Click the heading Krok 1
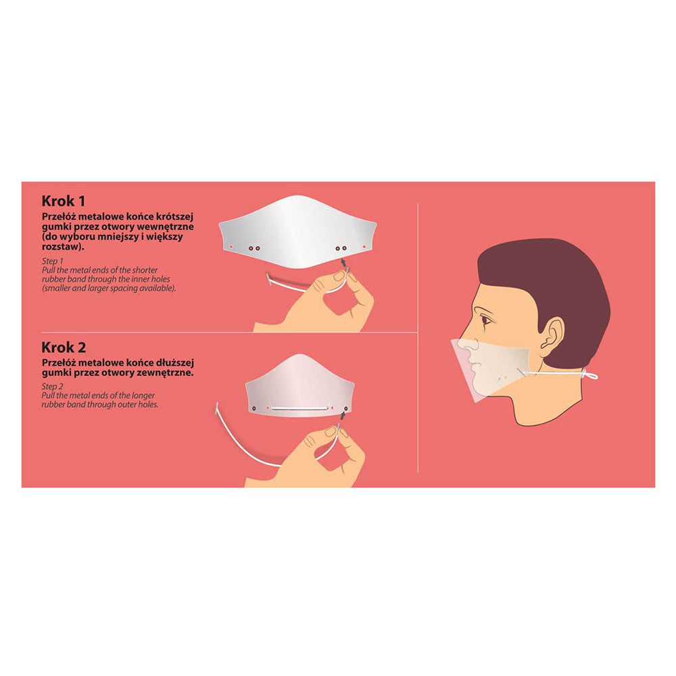tap(64, 201)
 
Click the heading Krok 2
tap(64, 347)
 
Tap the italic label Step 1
tap(53, 261)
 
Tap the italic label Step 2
tap(53, 386)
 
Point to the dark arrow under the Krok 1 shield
tap(343, 262)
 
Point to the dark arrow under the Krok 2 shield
tap(343, 415)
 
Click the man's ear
tap(552, 335)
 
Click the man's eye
tap(487, 320)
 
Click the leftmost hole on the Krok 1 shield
tap(231, 247)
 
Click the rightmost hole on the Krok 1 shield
tap(364, 247)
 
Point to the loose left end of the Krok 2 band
tap(216, 407)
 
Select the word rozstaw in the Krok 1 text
tap(61, 247)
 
